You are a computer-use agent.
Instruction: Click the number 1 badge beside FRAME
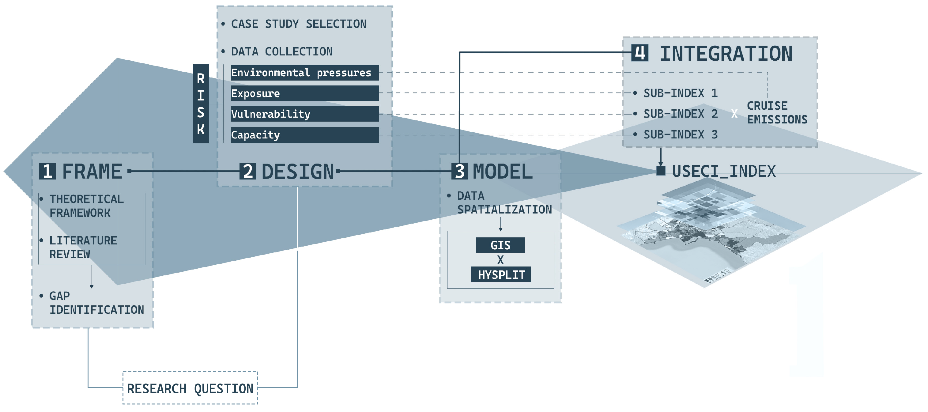[x=47, y=171]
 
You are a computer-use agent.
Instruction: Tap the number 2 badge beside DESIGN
[x=248, y=171]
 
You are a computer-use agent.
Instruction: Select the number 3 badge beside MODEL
[x=459, y=171]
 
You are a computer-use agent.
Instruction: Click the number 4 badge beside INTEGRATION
[x=640, y=53]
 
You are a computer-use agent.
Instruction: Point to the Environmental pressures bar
[x=304, y=73]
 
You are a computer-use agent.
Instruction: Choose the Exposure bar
[x=304, y=93]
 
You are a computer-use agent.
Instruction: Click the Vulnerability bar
[x=304, y=114]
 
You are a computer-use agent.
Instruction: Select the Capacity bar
[x=304, y=135]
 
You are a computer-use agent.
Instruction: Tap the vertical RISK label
[x=201, y=104]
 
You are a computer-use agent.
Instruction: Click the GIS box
[x=500, y=245]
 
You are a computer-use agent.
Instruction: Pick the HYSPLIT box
[x=501, y=275]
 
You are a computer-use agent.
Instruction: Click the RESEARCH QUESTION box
[x=190, y=388]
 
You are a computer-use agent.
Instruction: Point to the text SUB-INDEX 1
[x=681, y=93]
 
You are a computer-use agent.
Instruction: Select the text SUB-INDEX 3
[x=681, y=135]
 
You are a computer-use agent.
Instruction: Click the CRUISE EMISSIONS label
[x=777, y=112]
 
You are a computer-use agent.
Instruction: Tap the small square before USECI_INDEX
[x=661, y=171]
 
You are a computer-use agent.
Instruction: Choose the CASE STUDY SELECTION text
[x=298, y=24]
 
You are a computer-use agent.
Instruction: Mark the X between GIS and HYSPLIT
[x=500, y=260]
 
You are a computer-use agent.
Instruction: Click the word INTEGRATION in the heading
[x=726, y=54]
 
